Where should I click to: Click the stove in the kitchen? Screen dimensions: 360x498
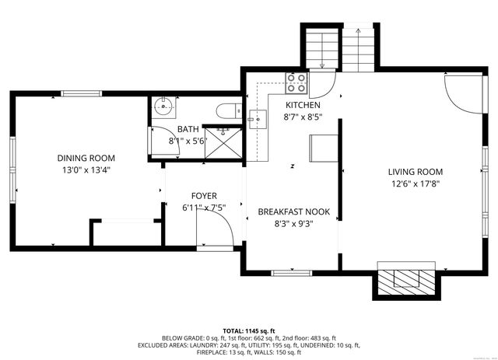(x=297, y=82)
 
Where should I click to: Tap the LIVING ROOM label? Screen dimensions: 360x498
(x=416, y=172)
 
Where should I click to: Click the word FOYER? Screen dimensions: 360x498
(x=205, y=196)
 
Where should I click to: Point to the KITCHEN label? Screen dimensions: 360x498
(x=303, y=105)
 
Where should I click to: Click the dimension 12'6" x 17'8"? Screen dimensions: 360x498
(x=416, y=184)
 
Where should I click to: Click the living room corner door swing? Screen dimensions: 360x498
(x=459, y=92)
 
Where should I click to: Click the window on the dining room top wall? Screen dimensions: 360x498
(x=82, y=94)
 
